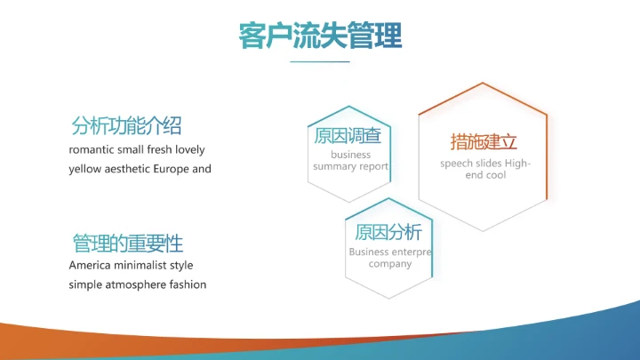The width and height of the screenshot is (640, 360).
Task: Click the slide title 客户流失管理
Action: click(320, 36)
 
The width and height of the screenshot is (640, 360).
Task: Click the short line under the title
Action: click(320, 62)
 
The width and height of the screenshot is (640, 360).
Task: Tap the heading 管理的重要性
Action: click(127, 243)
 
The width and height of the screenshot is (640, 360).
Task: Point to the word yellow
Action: click(85, 169)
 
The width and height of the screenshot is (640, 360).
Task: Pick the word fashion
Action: click(187, 284)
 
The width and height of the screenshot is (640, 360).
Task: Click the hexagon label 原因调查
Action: click(348, 136)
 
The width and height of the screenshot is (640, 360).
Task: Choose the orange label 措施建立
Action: click(484, 142)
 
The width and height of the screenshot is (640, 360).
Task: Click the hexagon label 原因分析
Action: click(388, 233)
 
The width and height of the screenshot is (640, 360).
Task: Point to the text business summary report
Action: click(349, 161)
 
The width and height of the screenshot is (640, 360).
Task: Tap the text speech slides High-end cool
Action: click(484, 169)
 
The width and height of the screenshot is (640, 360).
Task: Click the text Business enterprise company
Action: click(389, 258)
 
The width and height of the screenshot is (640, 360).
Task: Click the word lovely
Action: click(189, 149)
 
